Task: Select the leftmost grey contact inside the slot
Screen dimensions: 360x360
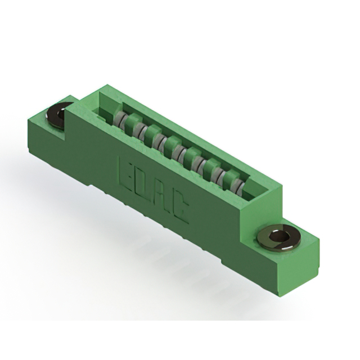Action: pyautogui.click(x=119, y=119)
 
